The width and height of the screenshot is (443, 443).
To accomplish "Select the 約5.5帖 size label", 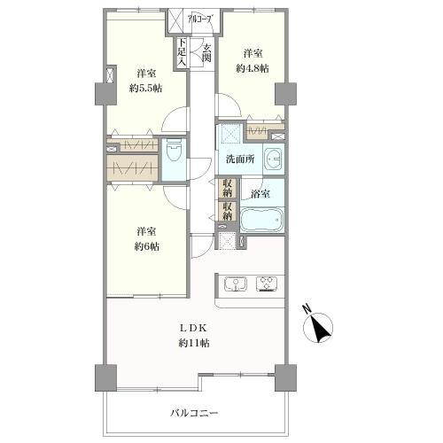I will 146,88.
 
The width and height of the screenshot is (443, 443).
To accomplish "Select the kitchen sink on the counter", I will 237,284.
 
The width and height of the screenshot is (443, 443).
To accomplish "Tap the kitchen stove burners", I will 267,284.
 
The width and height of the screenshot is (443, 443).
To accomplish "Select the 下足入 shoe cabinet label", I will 182,52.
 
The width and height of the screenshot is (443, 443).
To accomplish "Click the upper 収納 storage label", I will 227,190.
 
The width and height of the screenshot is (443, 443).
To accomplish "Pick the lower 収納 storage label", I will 227,213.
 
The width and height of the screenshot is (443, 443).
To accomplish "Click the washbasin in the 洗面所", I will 274,161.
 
